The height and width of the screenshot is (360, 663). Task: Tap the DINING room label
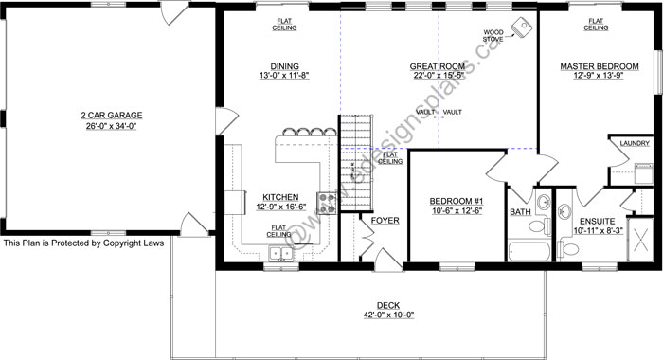pos(278,66)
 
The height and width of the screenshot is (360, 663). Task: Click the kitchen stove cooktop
pos(327,202)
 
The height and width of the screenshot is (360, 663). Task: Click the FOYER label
pos(385,221)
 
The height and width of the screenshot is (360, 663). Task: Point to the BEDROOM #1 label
pos(457,202)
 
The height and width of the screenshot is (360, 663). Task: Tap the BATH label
pos(521,212)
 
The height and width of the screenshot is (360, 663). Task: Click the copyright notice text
pos(83,243)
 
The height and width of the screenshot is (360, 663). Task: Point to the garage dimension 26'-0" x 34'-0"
pos(110,126)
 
